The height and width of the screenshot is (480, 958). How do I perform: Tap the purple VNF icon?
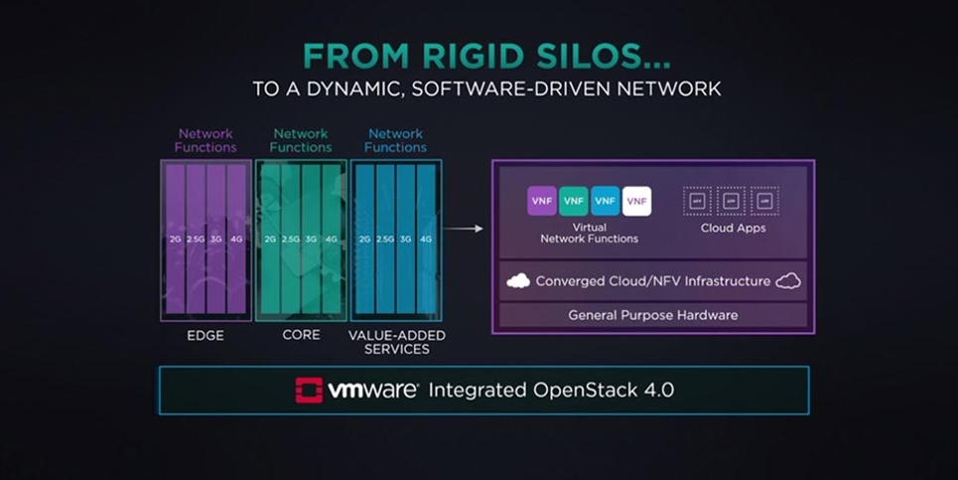[542, 201]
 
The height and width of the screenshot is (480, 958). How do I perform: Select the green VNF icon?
[574, 201]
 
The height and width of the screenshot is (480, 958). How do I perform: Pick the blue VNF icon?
[606, 201]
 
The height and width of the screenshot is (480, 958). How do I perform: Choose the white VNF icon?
[637, 201]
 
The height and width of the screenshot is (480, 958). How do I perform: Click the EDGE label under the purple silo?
[205, 336]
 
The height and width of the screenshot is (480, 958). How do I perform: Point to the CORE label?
[301, 335]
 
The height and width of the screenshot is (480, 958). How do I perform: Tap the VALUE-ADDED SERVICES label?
[396, 342]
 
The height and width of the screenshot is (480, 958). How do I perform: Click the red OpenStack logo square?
[309, 390]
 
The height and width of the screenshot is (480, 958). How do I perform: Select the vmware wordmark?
[373, 390]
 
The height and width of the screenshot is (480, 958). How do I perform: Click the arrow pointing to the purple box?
[464, 229]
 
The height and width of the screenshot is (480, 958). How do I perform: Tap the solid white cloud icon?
[518, 281]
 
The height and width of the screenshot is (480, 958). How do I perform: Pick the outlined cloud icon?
[788, 281]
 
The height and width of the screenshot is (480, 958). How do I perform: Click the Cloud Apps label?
[732, 228]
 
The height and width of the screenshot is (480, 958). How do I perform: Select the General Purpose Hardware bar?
[652, 315]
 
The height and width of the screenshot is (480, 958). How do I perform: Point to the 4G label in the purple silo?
[235, 239]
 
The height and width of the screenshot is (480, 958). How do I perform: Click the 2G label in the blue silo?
[364, 239]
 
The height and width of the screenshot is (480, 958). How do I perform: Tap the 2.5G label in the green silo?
[290, 239]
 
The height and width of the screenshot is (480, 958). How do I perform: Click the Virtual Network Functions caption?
[589, 233]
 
